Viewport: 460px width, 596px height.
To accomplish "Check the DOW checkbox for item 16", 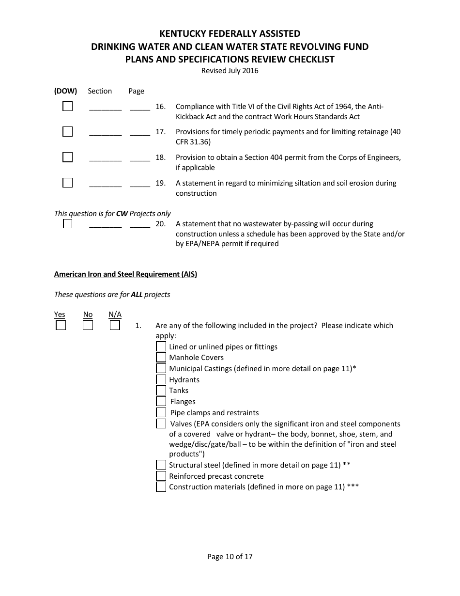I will point(67,106).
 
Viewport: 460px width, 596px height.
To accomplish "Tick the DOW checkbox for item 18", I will point(67,157).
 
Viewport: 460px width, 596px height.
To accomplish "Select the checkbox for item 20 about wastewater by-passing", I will point(67,224).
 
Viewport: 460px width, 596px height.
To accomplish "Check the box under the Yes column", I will point(61,325).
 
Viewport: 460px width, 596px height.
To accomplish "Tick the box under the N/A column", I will point(115,325).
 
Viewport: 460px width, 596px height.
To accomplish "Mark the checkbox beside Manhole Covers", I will point(161,358).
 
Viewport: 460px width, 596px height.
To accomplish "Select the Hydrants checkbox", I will point(161,380).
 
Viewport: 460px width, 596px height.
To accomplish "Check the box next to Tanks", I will point(161,391).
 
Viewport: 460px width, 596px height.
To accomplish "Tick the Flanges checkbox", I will point(161,402).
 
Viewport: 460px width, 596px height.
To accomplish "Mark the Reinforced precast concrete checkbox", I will point(161,476).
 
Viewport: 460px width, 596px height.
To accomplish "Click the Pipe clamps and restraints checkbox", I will point(161,413).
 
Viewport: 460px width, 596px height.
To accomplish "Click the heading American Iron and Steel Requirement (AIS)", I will point(125,274).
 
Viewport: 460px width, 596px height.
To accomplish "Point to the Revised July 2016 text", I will point(230,71).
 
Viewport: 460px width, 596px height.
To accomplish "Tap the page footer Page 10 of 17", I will point(230,557).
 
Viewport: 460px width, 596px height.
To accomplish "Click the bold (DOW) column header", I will point(65,91).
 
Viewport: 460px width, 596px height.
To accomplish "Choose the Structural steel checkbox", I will point(161,465).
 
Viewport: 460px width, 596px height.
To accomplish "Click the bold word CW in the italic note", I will point(122,214).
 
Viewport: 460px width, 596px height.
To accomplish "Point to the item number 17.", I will point(160,132).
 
